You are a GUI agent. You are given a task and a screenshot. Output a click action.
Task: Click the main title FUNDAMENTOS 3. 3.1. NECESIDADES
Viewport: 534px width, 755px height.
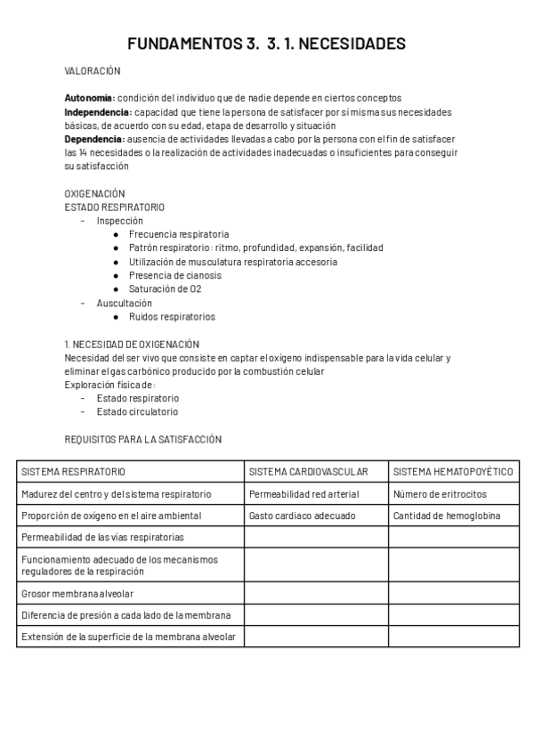266,44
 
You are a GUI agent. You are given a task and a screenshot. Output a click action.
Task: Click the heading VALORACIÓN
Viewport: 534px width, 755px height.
92,70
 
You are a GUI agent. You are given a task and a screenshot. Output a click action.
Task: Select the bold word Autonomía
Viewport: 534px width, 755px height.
89,98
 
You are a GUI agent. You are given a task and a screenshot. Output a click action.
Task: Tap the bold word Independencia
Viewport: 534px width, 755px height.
97,112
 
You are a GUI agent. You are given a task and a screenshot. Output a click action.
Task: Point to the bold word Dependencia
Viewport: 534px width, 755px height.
94,140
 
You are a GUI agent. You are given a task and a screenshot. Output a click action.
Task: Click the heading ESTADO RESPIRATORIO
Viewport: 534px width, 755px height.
114,207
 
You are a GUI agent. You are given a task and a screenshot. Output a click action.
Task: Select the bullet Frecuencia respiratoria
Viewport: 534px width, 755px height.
178,235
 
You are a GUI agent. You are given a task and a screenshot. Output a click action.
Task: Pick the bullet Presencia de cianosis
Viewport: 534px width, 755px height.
174,276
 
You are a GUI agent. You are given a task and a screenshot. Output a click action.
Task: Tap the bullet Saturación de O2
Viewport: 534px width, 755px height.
165,289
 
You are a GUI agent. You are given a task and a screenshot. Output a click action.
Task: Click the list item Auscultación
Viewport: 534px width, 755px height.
124,303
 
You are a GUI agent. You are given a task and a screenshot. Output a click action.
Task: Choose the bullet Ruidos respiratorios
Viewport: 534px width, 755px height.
172,317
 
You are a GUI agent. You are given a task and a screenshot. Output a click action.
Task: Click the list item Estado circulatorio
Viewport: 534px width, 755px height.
137,412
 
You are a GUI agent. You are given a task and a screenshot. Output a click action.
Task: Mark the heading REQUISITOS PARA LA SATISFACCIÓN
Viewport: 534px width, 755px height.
142,440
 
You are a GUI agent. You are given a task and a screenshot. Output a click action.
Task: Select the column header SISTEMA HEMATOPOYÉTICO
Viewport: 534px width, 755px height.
452,472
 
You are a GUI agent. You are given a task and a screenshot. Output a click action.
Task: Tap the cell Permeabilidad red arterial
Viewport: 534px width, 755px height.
303,494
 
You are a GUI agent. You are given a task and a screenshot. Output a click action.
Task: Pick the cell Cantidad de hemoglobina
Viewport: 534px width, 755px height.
446,516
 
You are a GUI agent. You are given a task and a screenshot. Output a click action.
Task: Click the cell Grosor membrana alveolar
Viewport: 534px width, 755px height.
77,593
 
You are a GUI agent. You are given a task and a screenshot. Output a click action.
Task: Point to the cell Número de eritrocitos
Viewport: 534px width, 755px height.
440,494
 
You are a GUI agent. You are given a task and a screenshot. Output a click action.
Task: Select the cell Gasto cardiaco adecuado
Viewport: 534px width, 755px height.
302,516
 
